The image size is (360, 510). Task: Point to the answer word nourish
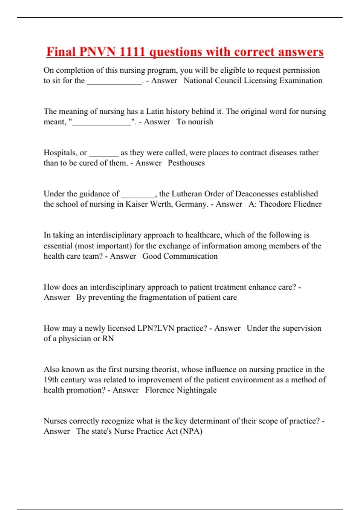[200, 122]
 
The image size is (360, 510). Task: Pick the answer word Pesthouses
[186, 163]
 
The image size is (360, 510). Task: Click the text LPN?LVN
[156, 328]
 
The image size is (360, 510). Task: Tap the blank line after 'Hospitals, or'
[104, 154]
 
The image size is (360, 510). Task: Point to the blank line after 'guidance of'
[138, 196]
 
